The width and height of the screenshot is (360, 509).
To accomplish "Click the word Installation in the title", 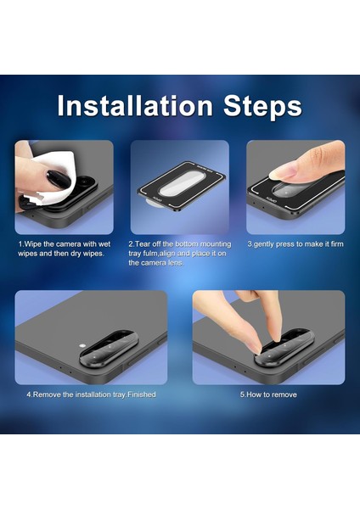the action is coord(135,106).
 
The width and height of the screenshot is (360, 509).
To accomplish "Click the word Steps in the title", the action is coord(262,107).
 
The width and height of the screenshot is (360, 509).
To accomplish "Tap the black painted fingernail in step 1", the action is coord(59,178).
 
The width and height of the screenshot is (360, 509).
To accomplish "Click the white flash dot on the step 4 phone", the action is coord(82,345).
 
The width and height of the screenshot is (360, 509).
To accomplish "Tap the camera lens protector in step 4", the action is coord(110,350).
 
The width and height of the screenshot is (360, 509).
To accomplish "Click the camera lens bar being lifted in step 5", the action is coord(285,348).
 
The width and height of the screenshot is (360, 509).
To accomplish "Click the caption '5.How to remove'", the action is coord(268,394).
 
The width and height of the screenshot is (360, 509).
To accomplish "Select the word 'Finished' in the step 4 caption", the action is coord(142,394).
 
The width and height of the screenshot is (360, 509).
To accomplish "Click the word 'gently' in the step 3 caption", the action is coord(264,244).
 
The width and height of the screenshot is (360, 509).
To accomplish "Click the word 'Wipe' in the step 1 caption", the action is coord(32,244).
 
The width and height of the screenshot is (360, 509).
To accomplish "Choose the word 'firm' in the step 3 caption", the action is coord(337,244).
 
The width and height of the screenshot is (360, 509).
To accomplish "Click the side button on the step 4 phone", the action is coord(161,340).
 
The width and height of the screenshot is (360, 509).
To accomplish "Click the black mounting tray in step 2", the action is coord(181,187).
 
